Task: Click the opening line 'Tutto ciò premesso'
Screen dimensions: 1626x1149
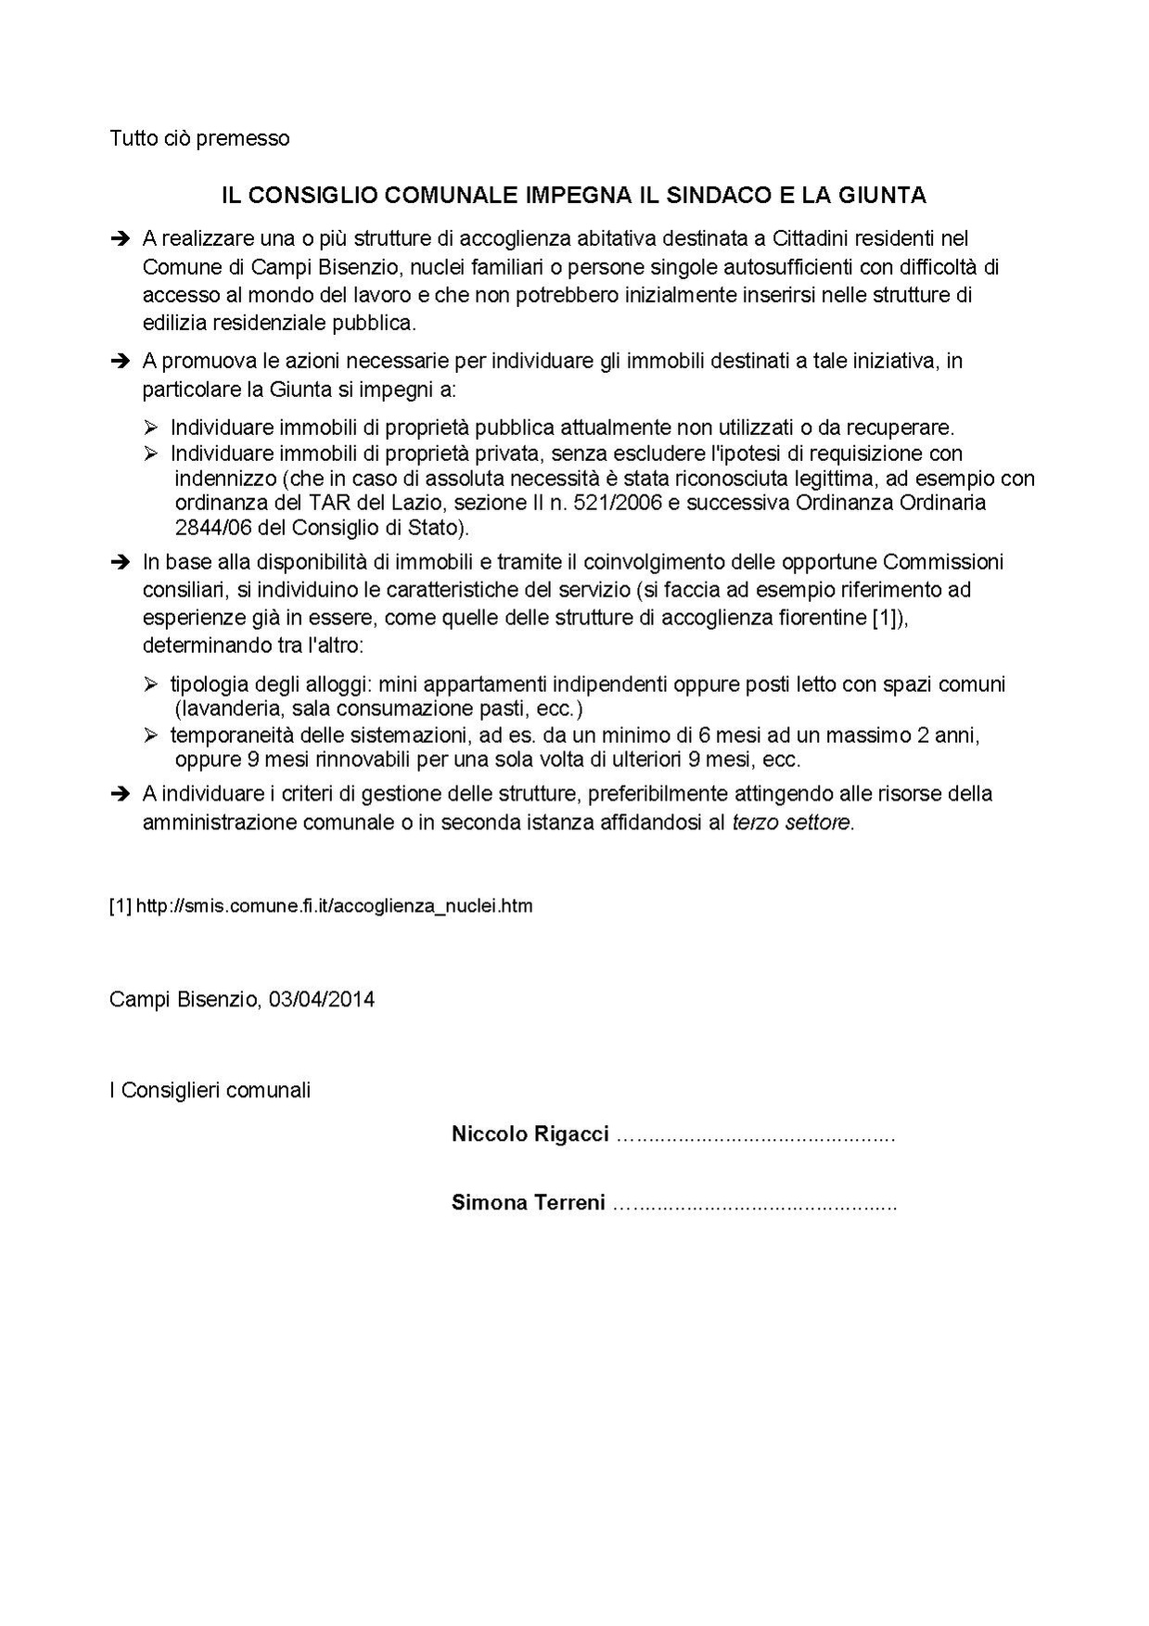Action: [199, 138]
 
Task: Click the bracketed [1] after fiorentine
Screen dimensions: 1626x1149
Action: [885, 618]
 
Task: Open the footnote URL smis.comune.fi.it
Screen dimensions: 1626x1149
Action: [334, 906]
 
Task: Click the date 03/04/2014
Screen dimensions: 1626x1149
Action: [322, 1000]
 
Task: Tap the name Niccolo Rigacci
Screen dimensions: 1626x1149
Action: [530, 1133]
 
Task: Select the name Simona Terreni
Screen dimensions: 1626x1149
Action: [528, 1203]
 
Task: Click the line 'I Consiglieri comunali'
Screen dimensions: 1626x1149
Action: [210, 1090]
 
